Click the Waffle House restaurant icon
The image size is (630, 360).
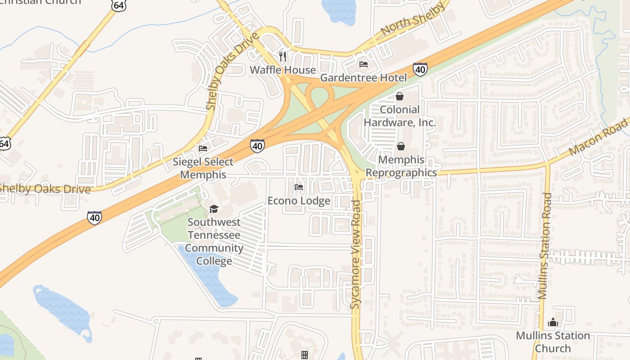tap(283, 56)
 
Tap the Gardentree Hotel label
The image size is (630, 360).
tap(363, 78)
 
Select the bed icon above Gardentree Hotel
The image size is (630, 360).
tap(364, 64)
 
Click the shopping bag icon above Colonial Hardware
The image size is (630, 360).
tap(399, 96)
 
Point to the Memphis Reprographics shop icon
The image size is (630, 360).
tap(400, 147)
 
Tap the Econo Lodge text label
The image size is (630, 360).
tap(299, 201)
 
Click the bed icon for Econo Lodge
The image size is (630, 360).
tap(298, 187)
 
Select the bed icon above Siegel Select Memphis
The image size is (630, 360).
tap(203, 148)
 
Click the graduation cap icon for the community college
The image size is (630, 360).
tap(214, 209)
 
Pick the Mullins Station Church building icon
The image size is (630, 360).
tap(553, 322)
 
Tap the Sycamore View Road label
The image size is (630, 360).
tap(356, 254)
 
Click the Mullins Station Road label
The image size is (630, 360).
tap(545, 246)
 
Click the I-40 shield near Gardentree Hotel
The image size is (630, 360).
tap(420, 69)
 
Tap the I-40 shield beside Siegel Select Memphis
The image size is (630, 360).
tap(257, 145)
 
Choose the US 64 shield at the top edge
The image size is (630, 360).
tap(119, 5)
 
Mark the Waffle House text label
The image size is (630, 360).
tap(283, 70)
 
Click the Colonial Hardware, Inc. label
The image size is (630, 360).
tap(400, 116)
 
